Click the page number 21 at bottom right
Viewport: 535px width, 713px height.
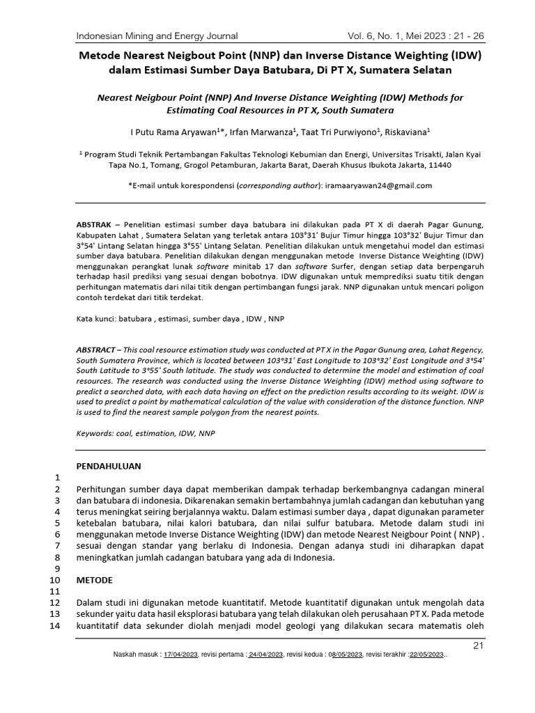tap(478, 646)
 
